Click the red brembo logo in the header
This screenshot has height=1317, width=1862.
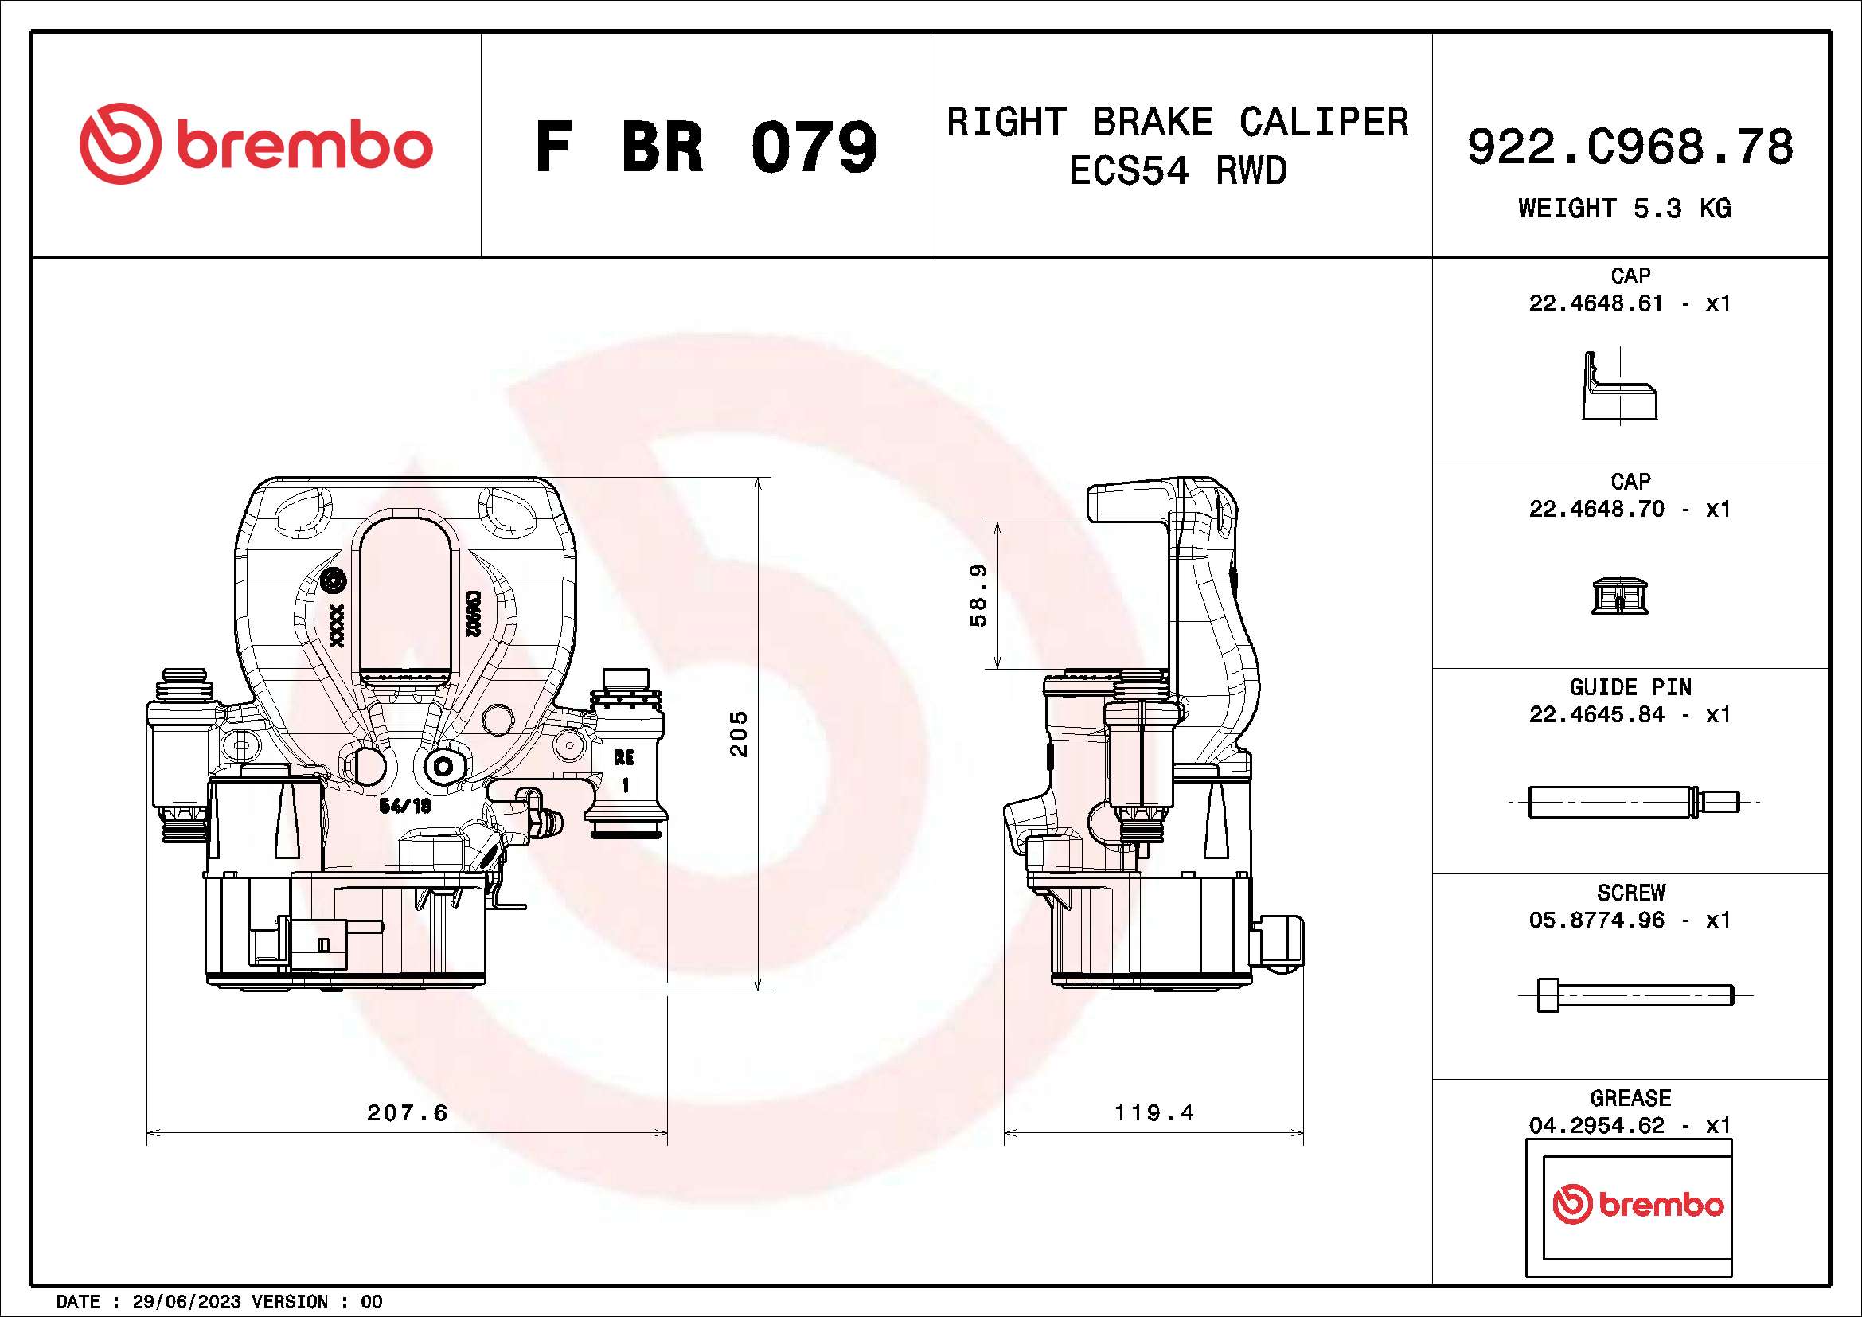point(256,143)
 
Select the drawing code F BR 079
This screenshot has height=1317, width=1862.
point(705,147)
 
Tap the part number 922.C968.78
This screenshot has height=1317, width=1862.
point(1630,147)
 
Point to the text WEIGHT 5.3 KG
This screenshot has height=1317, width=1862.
point(1625,209)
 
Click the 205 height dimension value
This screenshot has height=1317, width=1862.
point(738,734)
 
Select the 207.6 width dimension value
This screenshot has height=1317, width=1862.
point(407,1112)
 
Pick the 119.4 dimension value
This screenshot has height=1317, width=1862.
point(1154,1112)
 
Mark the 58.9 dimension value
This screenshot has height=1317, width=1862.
point(978,596)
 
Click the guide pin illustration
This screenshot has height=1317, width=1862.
point(1634,802)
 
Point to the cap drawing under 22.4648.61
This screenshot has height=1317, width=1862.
point(1619,388)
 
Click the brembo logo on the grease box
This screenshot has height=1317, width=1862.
point(1638,1205)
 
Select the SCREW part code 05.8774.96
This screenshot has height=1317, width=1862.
point(1596,920)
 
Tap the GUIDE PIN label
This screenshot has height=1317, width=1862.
point(1630,688)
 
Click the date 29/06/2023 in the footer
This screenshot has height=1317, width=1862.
point(186,1302)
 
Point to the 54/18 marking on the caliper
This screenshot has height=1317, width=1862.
point(405,806)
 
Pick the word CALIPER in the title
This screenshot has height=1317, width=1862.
point(1324,123)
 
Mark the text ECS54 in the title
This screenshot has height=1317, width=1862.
point(1129,172)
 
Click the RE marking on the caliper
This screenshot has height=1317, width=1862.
point(623,757)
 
